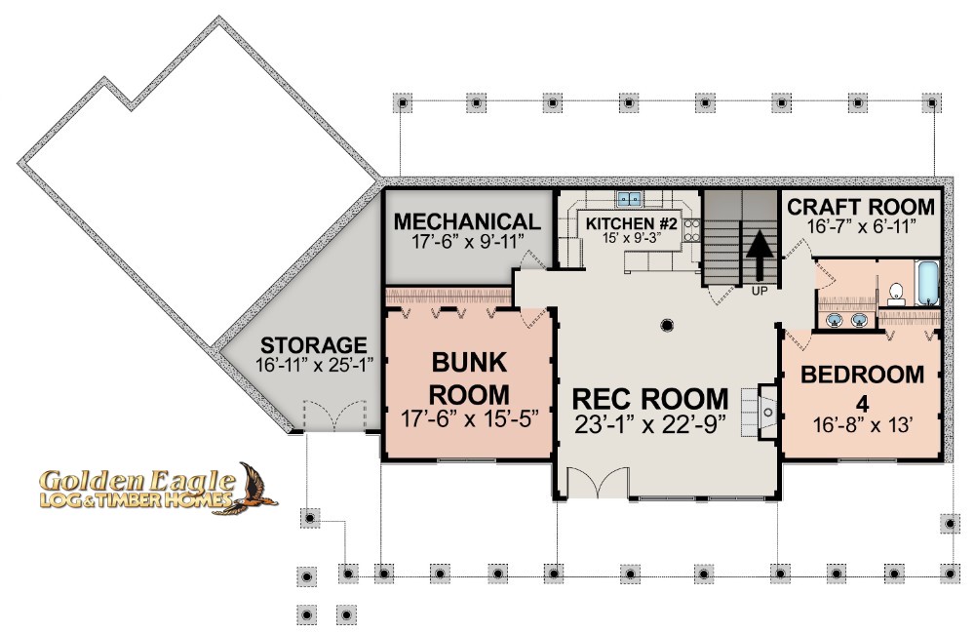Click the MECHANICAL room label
pos(467,221)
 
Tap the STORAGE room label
pos(313,344)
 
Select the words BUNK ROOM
pos(470,378)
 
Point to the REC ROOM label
pos(649,399)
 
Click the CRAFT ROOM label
pos(861,207)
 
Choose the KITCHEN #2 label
pos(631,223)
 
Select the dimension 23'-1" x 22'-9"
pos(649,425)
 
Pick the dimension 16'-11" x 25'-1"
pos(314,365)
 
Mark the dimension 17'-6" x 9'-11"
pos(468,241)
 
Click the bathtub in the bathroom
pos(927,283)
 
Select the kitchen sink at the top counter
pos(629,198)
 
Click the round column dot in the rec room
pos(667,324)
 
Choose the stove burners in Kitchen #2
pos(689,230)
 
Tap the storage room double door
pos(334,416)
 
